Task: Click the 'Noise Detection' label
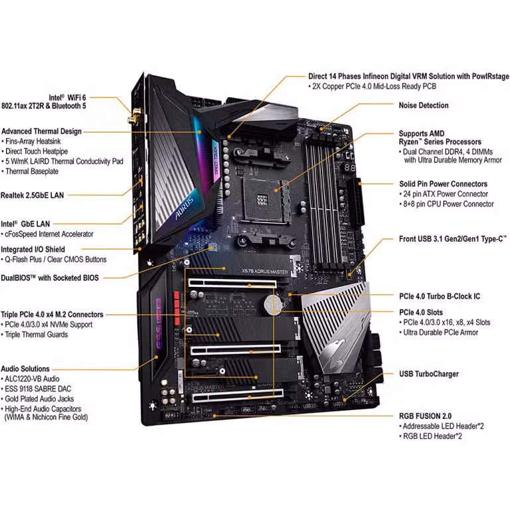tap(424, 106)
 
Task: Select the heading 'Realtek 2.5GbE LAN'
tap(32, 195)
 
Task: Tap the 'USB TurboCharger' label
tap(429, 374)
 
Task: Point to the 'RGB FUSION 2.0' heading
tap(425, 416)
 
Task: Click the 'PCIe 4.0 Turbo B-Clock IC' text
tap(440, 296)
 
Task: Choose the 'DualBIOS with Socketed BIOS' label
tap(50, 278)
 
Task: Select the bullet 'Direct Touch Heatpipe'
tap(37, 151)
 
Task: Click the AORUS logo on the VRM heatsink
tap(184, 208)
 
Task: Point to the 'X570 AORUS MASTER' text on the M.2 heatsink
tap(265, 271)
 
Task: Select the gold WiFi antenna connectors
tap(135, 116)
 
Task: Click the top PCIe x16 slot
tap(232, 284)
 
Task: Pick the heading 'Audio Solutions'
tap(25, 369)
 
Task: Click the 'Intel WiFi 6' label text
tap(67, 98)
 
